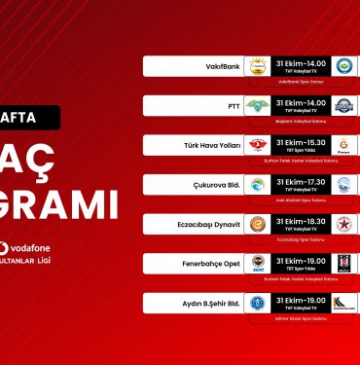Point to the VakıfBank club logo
click(x=257, y=66)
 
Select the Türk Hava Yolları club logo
click(x=257, y=145)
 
